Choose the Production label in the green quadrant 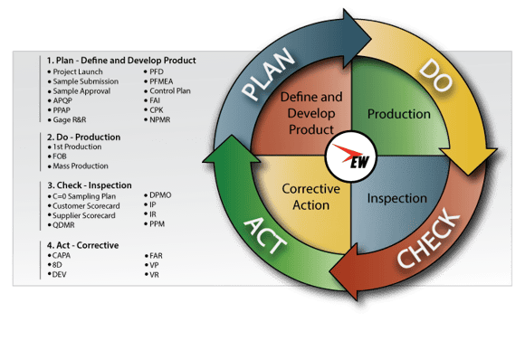click(398, 115)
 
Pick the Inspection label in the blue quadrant click(398, 197)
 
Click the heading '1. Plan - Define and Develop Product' click(121, 61)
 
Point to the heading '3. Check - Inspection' click(91, 184)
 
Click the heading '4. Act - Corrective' click(83, 245)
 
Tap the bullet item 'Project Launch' click(78, 72)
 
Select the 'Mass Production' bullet click(81, 166)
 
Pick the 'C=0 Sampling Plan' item click(86, 195)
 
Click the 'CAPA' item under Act click(63, 256)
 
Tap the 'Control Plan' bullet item click(174, 92)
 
